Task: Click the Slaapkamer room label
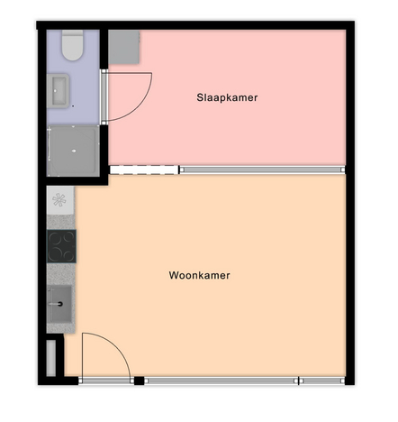point(227,97)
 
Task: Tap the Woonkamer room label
point(199,275)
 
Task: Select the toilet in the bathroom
point(72,45)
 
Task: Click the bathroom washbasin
point(59,91)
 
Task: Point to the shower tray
point(73,151)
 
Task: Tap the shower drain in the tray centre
point(74,151)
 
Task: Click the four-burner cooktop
point(61,246)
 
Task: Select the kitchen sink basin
point(60,304)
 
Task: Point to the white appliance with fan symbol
point(60,200)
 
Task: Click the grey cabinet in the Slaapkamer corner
point(124,47)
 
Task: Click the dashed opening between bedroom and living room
point(144,170)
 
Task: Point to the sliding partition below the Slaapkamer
point(262,170)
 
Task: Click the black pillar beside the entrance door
point(139,381)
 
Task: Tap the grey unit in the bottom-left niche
point(51,358)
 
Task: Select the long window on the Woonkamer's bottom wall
point(222,381)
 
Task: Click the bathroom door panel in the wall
point(104,96)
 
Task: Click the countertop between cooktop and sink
point(61,274)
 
